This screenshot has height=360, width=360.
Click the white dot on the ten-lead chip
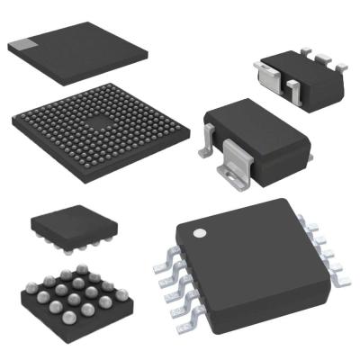click(201, 233)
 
